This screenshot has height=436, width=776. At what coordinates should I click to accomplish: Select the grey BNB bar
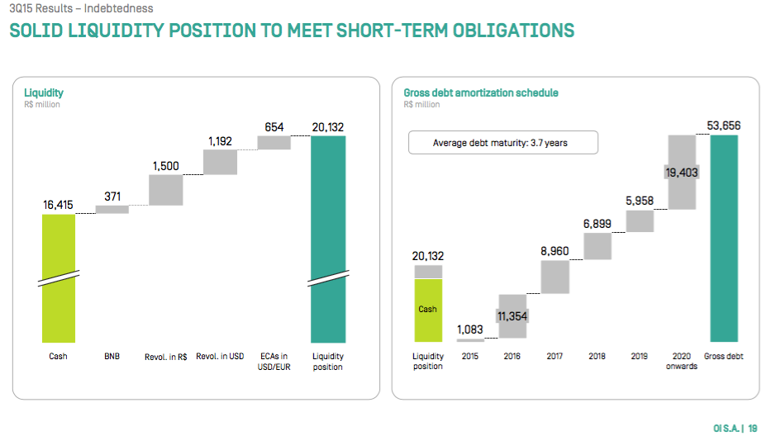pyautogui.click(x=112, y=210)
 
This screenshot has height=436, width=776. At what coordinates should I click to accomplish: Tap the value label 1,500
pyautogui.click(x=165, y=166)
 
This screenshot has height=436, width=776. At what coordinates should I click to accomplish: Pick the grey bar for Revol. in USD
pyautogui.click(x=221, y=162)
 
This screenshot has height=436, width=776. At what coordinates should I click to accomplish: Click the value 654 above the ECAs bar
pyautogui.click(x=274, y=127)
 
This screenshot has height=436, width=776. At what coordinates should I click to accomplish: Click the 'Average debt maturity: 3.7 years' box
pyautogui.click(x=502, y=143)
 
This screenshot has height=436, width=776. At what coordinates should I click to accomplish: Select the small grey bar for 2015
pyautogui.click(x=470, y=340)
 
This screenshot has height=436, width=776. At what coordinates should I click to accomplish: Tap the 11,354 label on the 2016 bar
pyautogui.click(x=512, y=316)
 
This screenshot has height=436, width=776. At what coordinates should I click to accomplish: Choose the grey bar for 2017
pyautogui.click(x=555, y=277)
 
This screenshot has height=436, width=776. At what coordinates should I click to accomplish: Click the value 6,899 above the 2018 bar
pyautogui.click(x=597, y=224)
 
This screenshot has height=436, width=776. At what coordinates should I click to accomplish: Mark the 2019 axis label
pyautogui.click(x=640, y=357)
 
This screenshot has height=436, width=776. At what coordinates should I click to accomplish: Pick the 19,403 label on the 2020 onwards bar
pyautogui.click(x=682, y=172)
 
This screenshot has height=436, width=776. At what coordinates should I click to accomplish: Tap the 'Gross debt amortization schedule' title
pyautogui.click(x=480, y=92)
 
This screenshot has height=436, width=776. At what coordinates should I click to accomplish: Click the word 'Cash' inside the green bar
pyautogui.click(x=428, y=310)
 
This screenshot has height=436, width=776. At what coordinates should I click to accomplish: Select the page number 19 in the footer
pyautogui.click(x=753, y=428)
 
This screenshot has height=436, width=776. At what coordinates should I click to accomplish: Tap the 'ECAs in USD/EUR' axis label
pyautogui.click(x=274, y=362)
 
